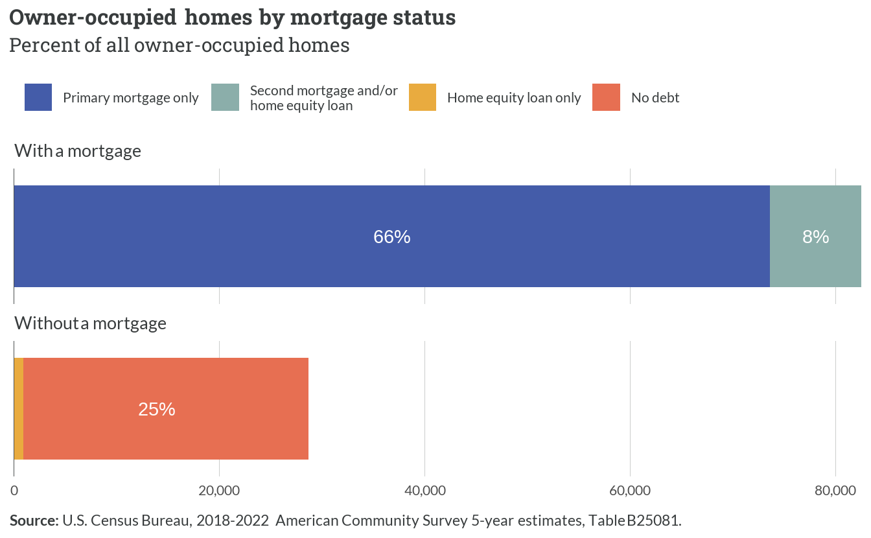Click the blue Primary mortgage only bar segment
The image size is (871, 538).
(x=392, y=236)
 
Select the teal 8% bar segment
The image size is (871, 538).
(x=815, y=236)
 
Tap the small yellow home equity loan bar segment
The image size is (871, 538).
(x=19, y=408)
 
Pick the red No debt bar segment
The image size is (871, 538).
(x=166, y=408)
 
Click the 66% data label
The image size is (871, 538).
(x=392, y=237)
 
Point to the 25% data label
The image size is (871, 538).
(x=157, y=409)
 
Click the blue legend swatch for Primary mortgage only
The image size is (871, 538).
(x=38, y=97)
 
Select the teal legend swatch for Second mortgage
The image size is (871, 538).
(x=225, y=97)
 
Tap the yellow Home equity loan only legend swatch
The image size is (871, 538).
(x=423, y=97)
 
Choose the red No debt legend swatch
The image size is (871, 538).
(x=606, y=97)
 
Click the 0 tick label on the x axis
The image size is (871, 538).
(x=14, y=491)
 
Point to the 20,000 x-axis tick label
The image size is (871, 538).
(x=219, y=491)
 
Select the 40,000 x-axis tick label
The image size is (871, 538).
(x=425, y=491)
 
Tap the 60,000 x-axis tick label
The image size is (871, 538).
(x=630, y=491)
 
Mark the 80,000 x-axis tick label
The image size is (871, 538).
(x=835, y=491)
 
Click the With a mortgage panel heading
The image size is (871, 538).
(x=78, y=151)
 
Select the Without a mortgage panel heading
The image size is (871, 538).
(x=90, y=323)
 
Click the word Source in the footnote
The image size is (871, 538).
(x=34, y=520)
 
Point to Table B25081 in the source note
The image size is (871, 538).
(x=634, y=520)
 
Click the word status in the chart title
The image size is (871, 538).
(x=424, y=18)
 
